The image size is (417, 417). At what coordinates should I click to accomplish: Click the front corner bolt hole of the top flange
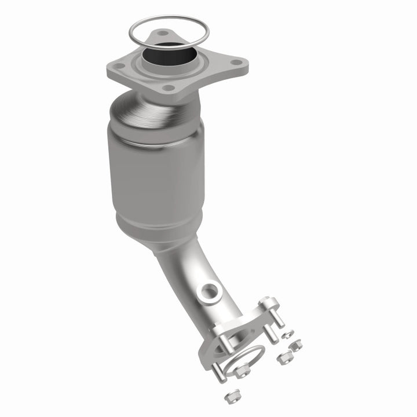[169, 88]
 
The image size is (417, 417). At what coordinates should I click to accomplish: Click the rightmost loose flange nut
[296, 346]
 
